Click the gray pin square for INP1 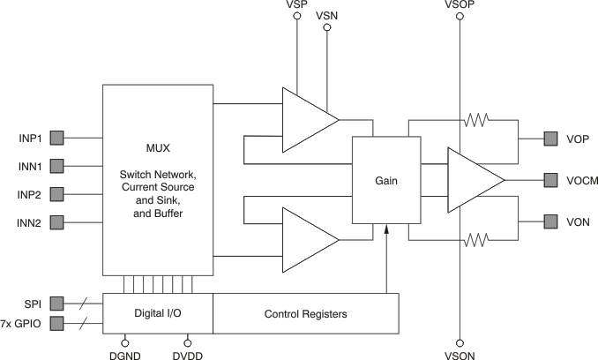pyautogui.click(x=56, y=138)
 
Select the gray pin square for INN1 pyautogui.click(x=56, y=165)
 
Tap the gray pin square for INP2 pyautogui.click(x=56, y=193)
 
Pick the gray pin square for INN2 pyautogui.click(x=56, y=221)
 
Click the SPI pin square pyautogui.click(x=56, y=303)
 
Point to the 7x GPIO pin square pyautogui.click(x=56, y=323)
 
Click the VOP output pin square pyautogui.click(x=550, y=139)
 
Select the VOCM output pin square pyautogui.click(x=550, y=179)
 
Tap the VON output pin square pyautogui.click(x=550, y=221)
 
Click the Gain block pyautogui.click(x=386, y=181)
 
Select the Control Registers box pyautogui.click(x=306, y=313)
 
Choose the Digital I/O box pyautogui.click(x=158, y=313)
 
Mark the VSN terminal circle pyautogui.click(x=327, y=28)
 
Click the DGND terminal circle pyautogui.click(x=125, y=341)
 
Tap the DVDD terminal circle pyautogui.click(x=188, y=341)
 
